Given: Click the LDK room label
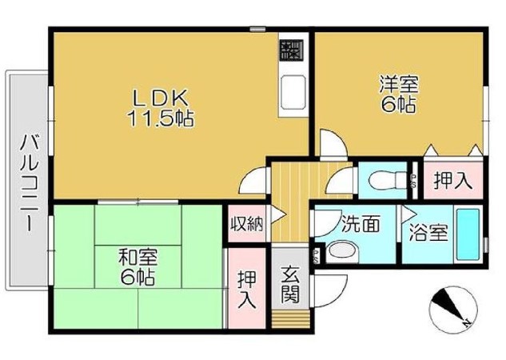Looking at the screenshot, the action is click(161, 98).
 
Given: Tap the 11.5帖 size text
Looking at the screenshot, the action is click(161, 118).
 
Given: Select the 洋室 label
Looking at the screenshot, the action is click(399, 84).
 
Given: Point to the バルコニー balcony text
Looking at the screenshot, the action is click(30, 183).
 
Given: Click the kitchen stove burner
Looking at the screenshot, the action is click(292, 50).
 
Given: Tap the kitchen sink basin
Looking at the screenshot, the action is click(293, 92).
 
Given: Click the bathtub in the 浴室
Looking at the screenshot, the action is click(468, 234).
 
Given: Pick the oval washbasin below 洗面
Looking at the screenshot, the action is click(343, 251).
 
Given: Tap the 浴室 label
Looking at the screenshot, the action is click(428, 233).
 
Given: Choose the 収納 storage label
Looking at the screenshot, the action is click(247, 223).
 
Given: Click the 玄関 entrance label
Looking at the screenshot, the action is click(290, 285).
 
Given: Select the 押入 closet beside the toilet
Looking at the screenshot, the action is click(453, 180).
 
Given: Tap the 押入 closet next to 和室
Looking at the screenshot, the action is click(247, 290).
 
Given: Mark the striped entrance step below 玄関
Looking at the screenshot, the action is click(291, 319).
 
